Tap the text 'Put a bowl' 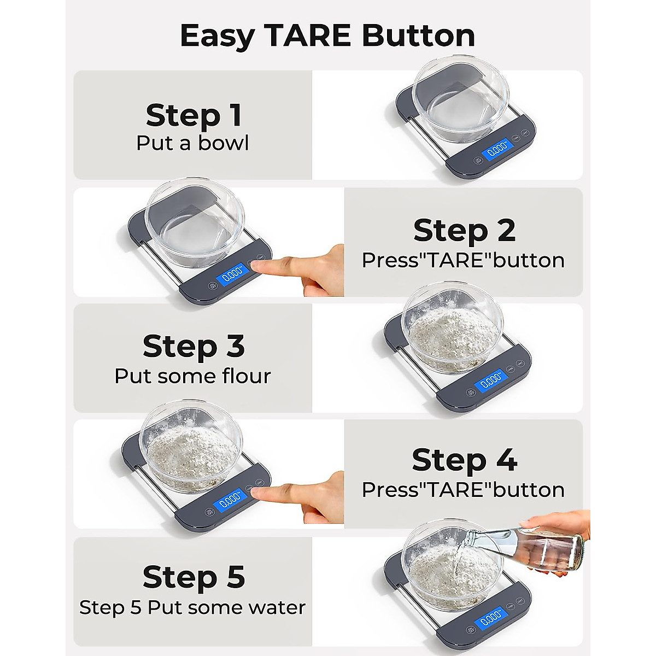point(193,143)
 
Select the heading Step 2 point(464,230)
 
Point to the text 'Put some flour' point(193,376)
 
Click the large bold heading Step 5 point(193,577)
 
